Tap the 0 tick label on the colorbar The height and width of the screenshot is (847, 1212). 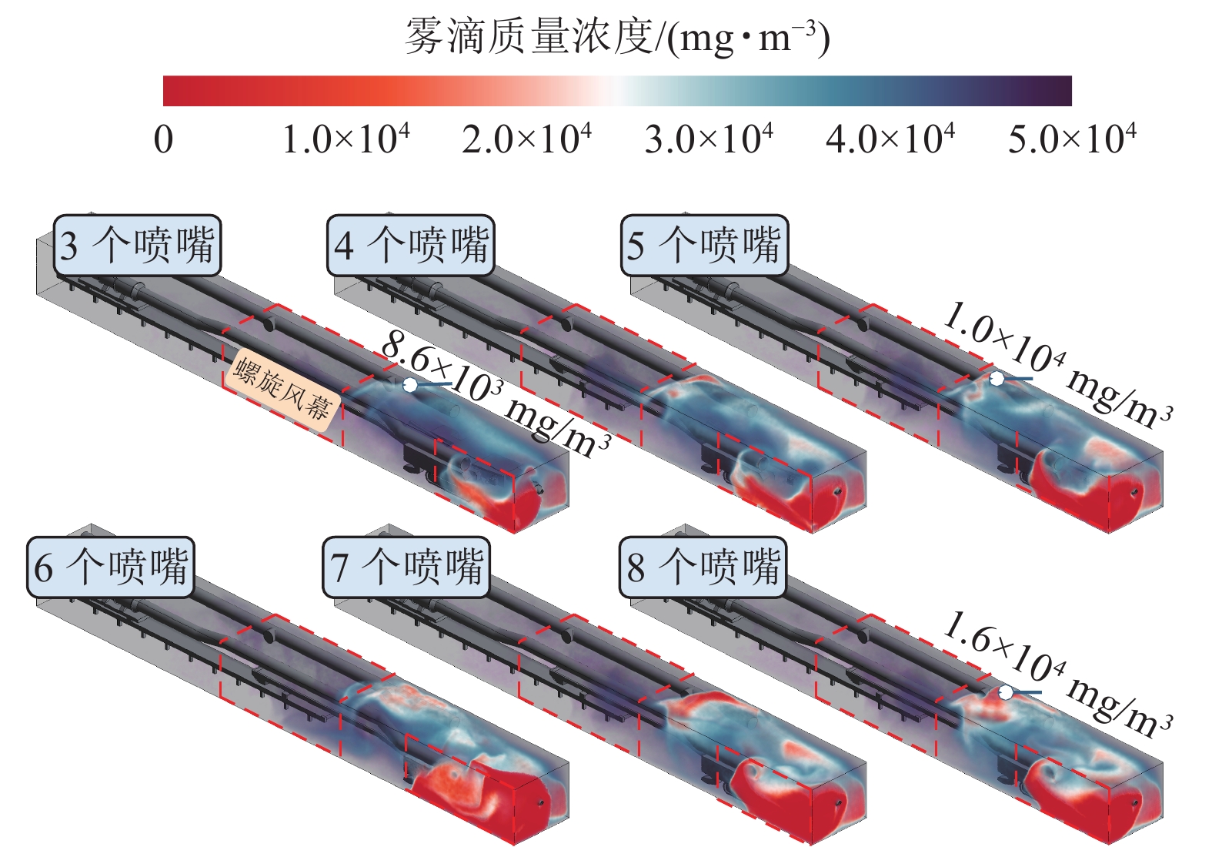[163, 139]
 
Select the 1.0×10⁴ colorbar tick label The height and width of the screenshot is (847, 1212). [346, 139]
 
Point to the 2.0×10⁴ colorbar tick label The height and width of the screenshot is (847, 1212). [527, 139]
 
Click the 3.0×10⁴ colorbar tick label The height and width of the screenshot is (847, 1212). [709, 139]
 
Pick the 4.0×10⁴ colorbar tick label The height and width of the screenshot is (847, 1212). [890, 139]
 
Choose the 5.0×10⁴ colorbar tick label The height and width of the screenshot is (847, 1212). [1072, 139]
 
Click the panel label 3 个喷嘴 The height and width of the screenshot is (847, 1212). [137, 246]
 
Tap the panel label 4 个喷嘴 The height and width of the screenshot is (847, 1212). [411, 246]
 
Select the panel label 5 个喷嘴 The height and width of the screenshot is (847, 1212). [704, 246]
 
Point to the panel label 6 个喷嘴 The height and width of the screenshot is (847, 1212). [110, 567]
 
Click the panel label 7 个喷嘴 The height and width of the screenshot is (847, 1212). [406, 567]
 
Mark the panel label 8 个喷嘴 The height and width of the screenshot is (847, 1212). [703, 567]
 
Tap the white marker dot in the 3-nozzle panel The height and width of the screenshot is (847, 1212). [410, 384]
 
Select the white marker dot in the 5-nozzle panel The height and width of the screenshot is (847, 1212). [997, 379]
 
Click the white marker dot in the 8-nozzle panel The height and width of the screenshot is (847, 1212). [1005, 693]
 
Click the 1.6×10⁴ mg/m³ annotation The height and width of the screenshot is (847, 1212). [1057, 675]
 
